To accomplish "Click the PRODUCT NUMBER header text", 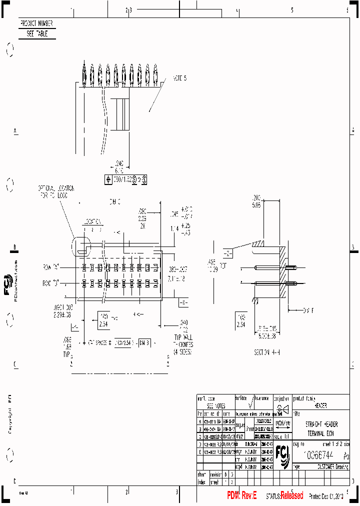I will [36, 23].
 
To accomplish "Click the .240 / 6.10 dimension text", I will [119, 166].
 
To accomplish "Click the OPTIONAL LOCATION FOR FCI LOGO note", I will [56, 192].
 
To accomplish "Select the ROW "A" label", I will [50, 267].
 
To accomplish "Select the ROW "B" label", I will [50, 283].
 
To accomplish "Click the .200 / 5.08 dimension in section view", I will [256, 201].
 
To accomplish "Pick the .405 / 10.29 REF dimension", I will [213, 266].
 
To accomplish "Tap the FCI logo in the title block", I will [283, 456].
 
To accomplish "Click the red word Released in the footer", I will [291, 495].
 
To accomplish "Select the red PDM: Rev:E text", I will [242, 495].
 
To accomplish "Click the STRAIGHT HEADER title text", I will [321, 424].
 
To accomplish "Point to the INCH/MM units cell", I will [282, 422].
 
